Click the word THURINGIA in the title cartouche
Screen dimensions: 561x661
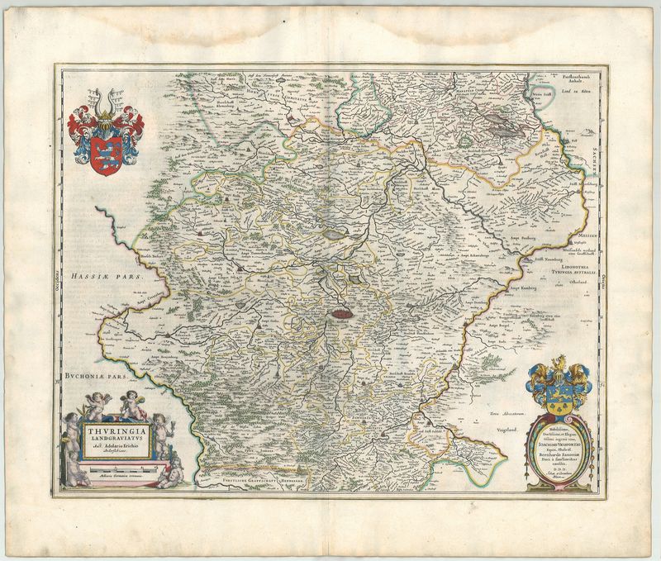[120, 430]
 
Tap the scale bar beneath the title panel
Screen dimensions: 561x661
[120, 468]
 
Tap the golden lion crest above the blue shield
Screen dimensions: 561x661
[559, 364]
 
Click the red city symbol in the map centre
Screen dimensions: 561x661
[340, 313]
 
